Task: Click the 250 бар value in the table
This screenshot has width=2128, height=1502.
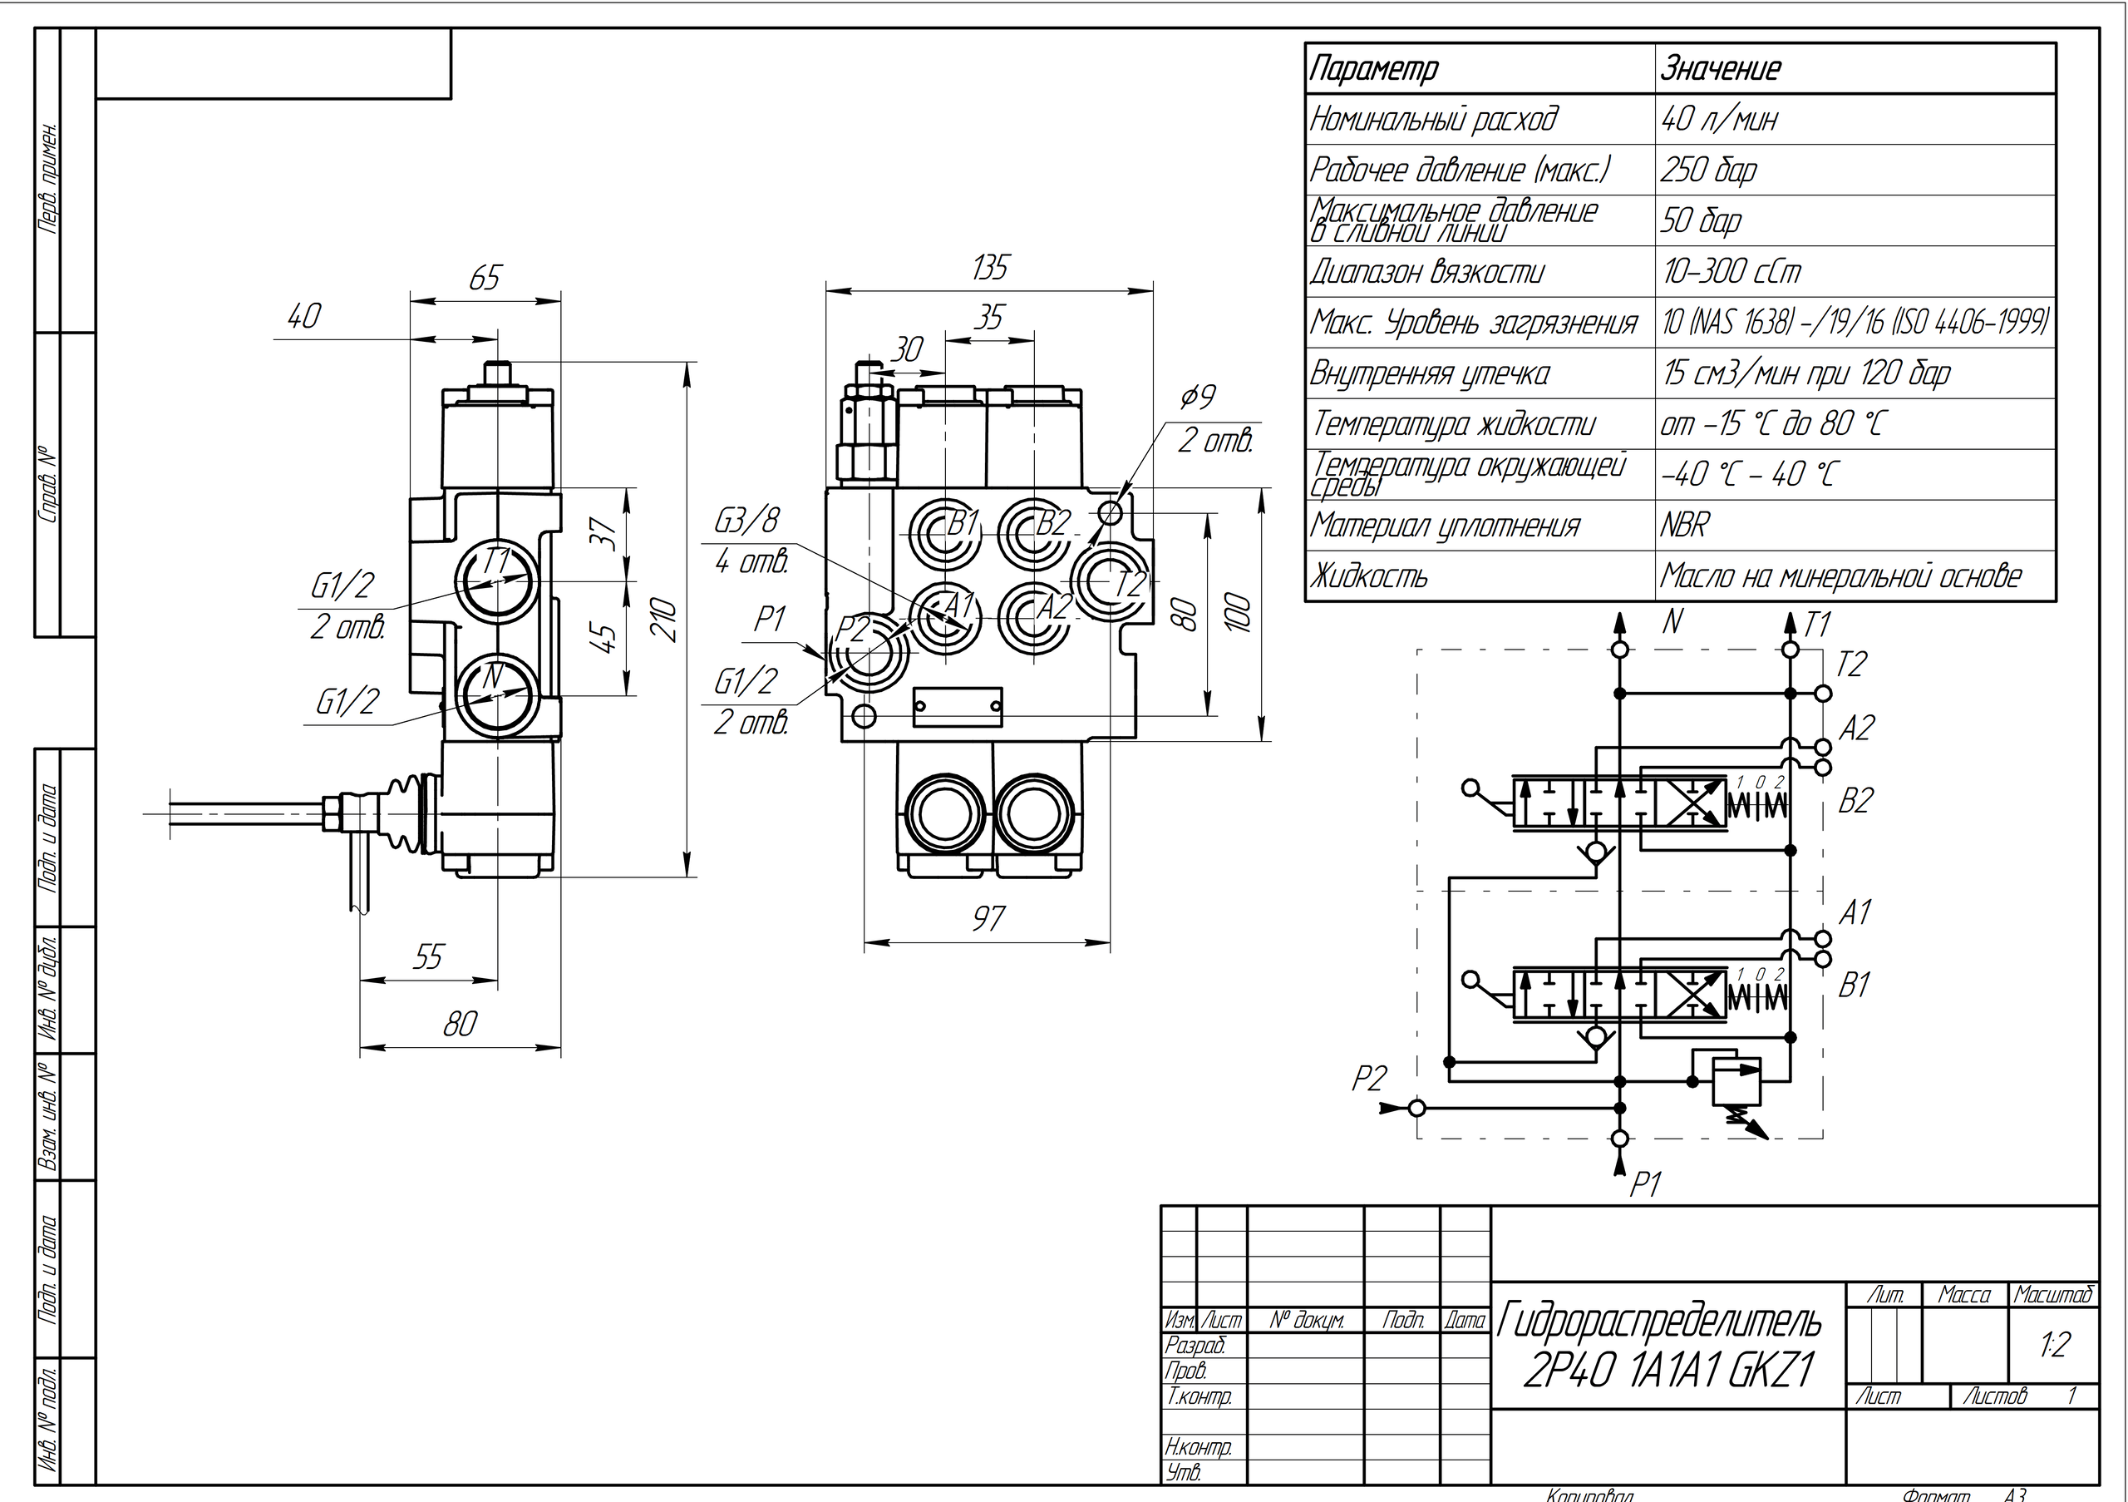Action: coord(1708,170)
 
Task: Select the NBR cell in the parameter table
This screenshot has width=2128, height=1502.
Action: coord(1684,526)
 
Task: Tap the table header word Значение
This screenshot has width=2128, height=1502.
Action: coord(1720,67)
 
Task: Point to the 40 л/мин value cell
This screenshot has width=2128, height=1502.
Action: coord(1719,119)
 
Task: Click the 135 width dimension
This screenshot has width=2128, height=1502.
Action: coord(989,268)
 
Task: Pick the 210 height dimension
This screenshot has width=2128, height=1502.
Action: coord(664,620)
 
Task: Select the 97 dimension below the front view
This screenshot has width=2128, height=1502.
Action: coord(988,919)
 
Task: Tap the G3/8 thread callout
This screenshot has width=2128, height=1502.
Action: coord(746,521)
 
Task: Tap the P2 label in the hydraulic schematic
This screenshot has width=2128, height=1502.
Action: coord(1369,1079)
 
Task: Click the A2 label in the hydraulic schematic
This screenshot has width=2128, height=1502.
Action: coord(1855,729)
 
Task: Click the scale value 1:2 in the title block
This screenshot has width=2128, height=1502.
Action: coord(2054,1344)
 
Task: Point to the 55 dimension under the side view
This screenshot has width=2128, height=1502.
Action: coord(428,956)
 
